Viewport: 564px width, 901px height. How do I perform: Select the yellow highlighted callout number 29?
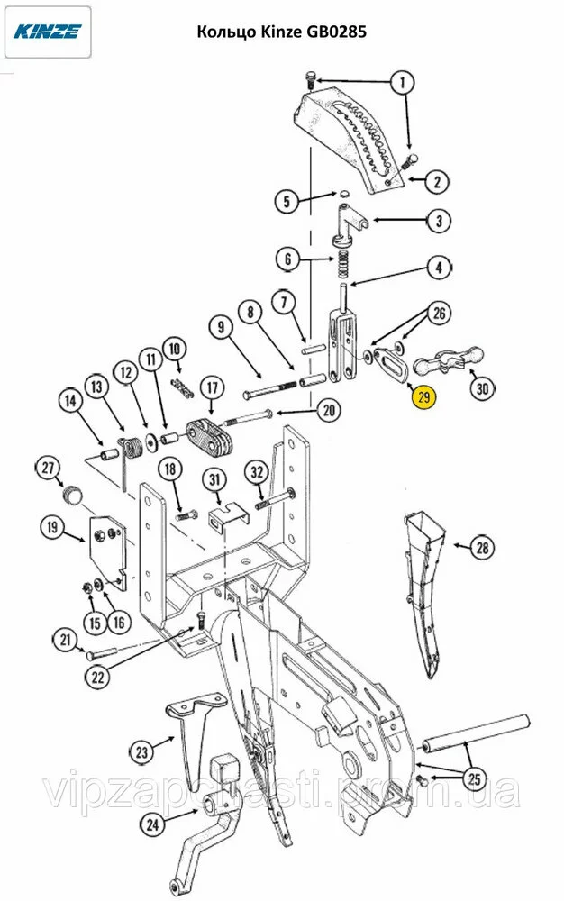(423, 396)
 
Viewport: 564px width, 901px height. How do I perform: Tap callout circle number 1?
(402, 83)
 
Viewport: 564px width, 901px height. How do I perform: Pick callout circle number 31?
(214, 479)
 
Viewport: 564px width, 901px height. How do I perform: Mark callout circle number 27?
(48, 467)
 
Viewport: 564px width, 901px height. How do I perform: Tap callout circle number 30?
(483, 388)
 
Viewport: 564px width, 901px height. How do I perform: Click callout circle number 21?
(64, 641)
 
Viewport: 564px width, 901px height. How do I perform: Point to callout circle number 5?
(287, 201)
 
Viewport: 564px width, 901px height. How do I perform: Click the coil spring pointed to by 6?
(345, 264)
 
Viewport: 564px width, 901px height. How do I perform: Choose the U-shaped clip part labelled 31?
(225, 517)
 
